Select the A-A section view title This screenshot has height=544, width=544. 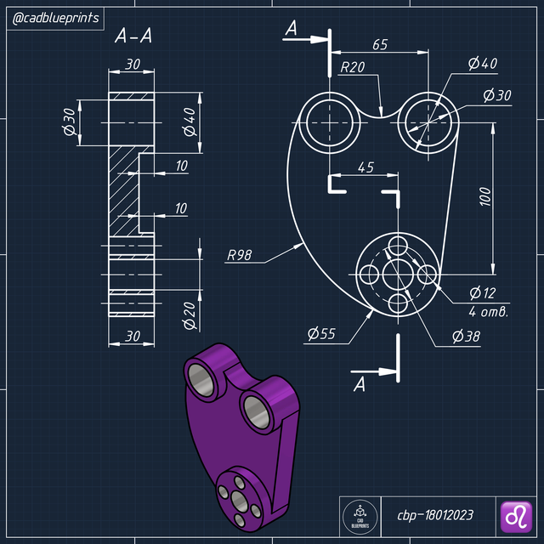(x=133, y=37)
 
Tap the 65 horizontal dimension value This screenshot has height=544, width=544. (x=379, y=45)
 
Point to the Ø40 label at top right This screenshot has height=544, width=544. (x=483, y=64)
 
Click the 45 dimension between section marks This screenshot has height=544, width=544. (x=365, y=167)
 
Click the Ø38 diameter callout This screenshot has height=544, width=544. (x=467, y=336)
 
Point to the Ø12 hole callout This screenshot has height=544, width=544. (x=481, y=293)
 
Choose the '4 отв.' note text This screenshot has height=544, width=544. (x=488, y=312)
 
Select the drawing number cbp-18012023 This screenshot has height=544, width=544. (x=435, y=515)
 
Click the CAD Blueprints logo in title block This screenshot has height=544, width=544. (x=359, y=515)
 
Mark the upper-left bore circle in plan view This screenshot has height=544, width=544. (x=328, y=122)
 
